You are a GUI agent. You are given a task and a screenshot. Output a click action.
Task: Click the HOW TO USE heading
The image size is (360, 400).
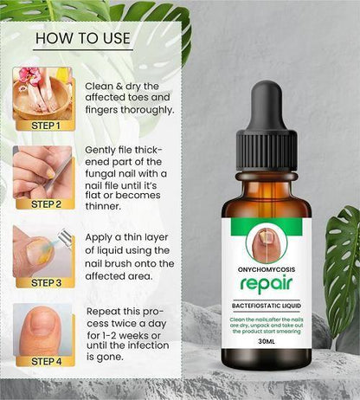tap(81, 38)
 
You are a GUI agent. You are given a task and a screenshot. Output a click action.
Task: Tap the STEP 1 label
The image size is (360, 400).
tap(45, 125)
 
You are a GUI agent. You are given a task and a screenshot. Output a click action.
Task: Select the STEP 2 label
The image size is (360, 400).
tap(45, 204)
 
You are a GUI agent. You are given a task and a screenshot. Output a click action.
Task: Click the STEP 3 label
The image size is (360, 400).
tap(45, 282)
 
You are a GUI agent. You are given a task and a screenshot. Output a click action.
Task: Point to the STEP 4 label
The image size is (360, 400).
tap(45, 361)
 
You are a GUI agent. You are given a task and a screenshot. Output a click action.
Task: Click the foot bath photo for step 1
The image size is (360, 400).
tap(42, 93)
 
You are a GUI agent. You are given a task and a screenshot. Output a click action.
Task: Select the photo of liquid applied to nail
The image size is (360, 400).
tap(42, 250)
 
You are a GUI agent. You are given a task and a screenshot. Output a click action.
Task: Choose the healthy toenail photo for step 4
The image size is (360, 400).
tap(42, 328)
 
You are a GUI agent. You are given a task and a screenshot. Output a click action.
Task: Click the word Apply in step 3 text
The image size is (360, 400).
tap(100, 236)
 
